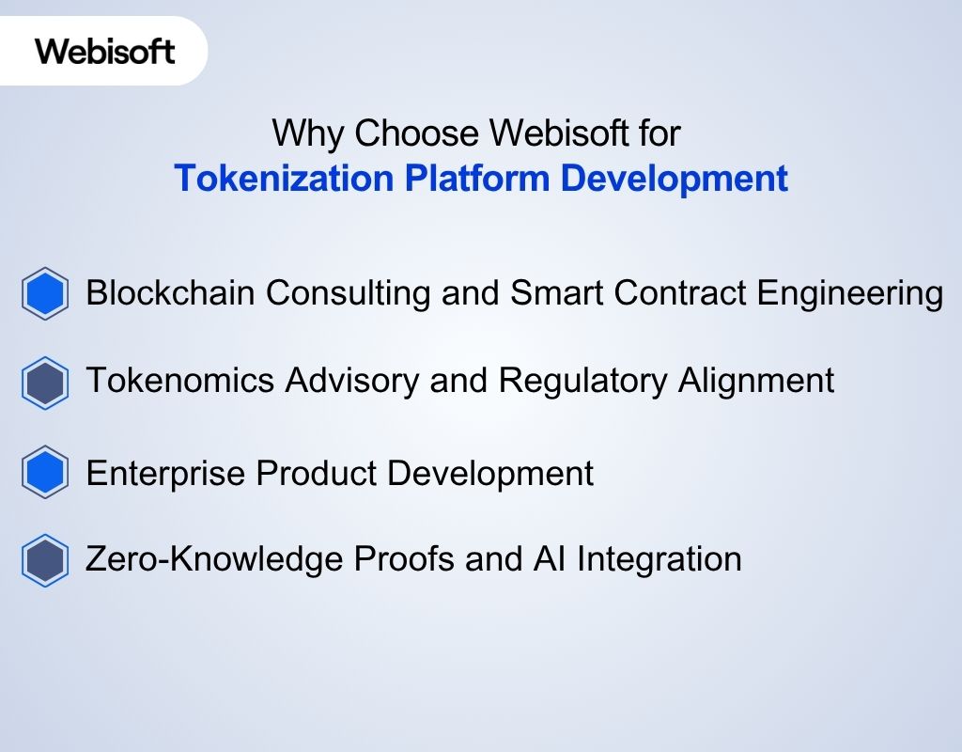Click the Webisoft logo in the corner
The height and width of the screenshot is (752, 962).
(x=105, y=50)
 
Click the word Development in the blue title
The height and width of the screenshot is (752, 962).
(x=674, y=179)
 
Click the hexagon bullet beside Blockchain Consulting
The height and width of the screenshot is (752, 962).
(x=44, y=294)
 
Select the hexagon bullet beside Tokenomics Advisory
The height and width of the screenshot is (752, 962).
(x=44, y=383)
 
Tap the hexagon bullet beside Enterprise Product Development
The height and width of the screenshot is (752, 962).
(x=44, y=473)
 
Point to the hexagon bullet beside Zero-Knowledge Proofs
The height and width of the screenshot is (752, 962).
(x=44, y=560)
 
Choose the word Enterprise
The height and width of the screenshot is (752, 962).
(x=165, y=473)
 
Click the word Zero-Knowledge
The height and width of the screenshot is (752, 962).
(x=214, y=559)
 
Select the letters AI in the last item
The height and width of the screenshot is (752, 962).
(x=549, y=559)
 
